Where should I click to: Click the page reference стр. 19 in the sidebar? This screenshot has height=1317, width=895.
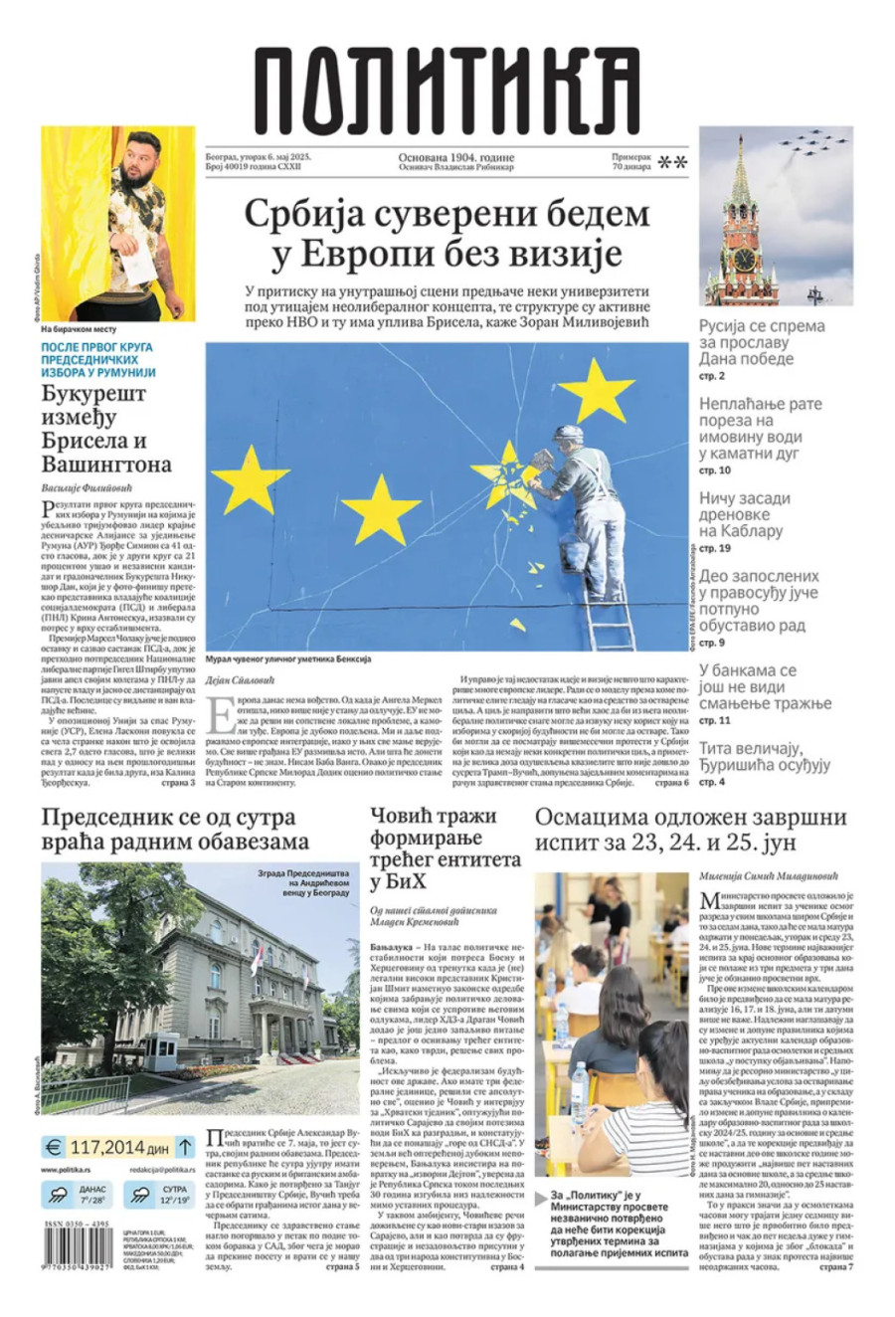point(715,548)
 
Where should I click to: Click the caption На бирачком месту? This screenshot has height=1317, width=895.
point(80,329)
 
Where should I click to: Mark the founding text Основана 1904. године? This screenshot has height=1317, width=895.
point(456,157)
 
